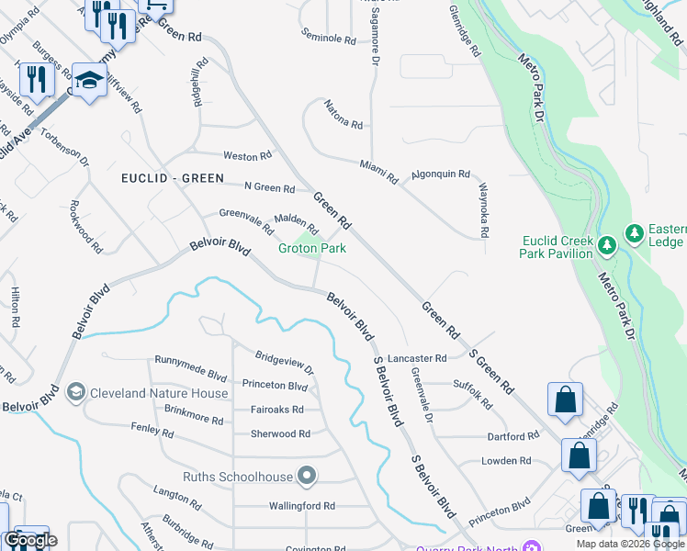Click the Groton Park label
point(311,248)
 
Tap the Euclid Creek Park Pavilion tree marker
point(606,245)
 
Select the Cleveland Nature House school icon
point(76,393)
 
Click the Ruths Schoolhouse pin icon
point(307,476)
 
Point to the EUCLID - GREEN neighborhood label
point(170,179)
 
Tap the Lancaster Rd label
point(416,358)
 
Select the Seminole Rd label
point(329,39)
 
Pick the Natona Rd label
point(343,115)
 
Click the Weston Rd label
point(248,156)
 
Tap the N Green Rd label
point(269,188)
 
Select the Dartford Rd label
point(512,436)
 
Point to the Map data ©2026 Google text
point(630,544)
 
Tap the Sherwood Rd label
point(279,433)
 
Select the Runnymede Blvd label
point(190,361)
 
